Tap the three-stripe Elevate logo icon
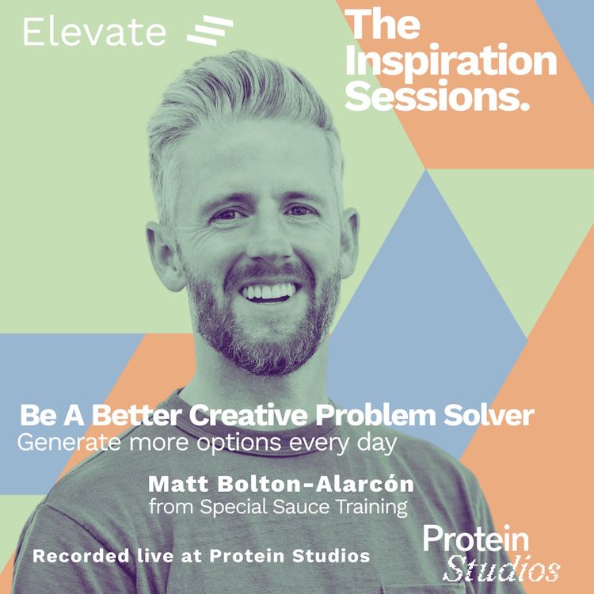(x=209, y=31)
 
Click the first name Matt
(x=172, y=483)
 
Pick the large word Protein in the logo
(x=476, y=539)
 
